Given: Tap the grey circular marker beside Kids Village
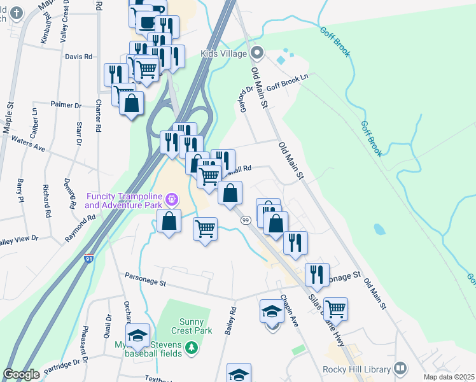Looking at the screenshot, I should pos(256,53).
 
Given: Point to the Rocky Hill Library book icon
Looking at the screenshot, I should pos(400,367).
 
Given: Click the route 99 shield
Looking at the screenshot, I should pos(245,220).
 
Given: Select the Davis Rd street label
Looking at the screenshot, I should pos(79,57).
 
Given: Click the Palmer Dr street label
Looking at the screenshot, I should pos(67,104).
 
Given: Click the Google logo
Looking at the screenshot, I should pos(21,374).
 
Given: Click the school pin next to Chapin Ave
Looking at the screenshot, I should pos(272,313).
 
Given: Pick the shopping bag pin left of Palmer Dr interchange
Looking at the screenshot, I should pos(131,104).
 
